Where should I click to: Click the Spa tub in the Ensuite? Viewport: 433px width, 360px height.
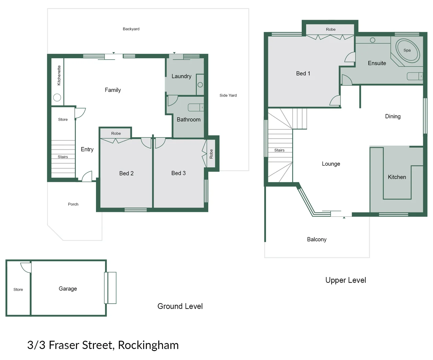407,51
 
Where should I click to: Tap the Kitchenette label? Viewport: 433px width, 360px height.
59,75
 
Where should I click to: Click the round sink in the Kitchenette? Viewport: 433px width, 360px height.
57,97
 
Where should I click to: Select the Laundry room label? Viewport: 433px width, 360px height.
181,76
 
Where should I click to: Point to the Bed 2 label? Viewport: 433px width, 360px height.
126,173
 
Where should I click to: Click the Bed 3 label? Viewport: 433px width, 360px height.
178,173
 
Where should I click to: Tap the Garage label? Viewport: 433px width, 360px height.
68,289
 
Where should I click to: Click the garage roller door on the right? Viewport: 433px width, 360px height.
110,288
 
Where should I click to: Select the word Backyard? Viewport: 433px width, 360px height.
131,29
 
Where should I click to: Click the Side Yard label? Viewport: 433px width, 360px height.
228,95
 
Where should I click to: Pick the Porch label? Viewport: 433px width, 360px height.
73,204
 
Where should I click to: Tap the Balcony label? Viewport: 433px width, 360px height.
317,239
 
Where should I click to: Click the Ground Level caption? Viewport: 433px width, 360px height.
180,306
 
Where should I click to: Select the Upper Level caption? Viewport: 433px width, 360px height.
345,280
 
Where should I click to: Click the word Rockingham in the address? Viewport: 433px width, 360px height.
148,345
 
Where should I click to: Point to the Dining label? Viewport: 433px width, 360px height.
393,116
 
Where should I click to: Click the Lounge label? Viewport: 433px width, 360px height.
331,164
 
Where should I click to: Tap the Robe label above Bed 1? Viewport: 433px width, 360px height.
331,29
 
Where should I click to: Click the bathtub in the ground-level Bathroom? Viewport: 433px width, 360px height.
196,107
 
